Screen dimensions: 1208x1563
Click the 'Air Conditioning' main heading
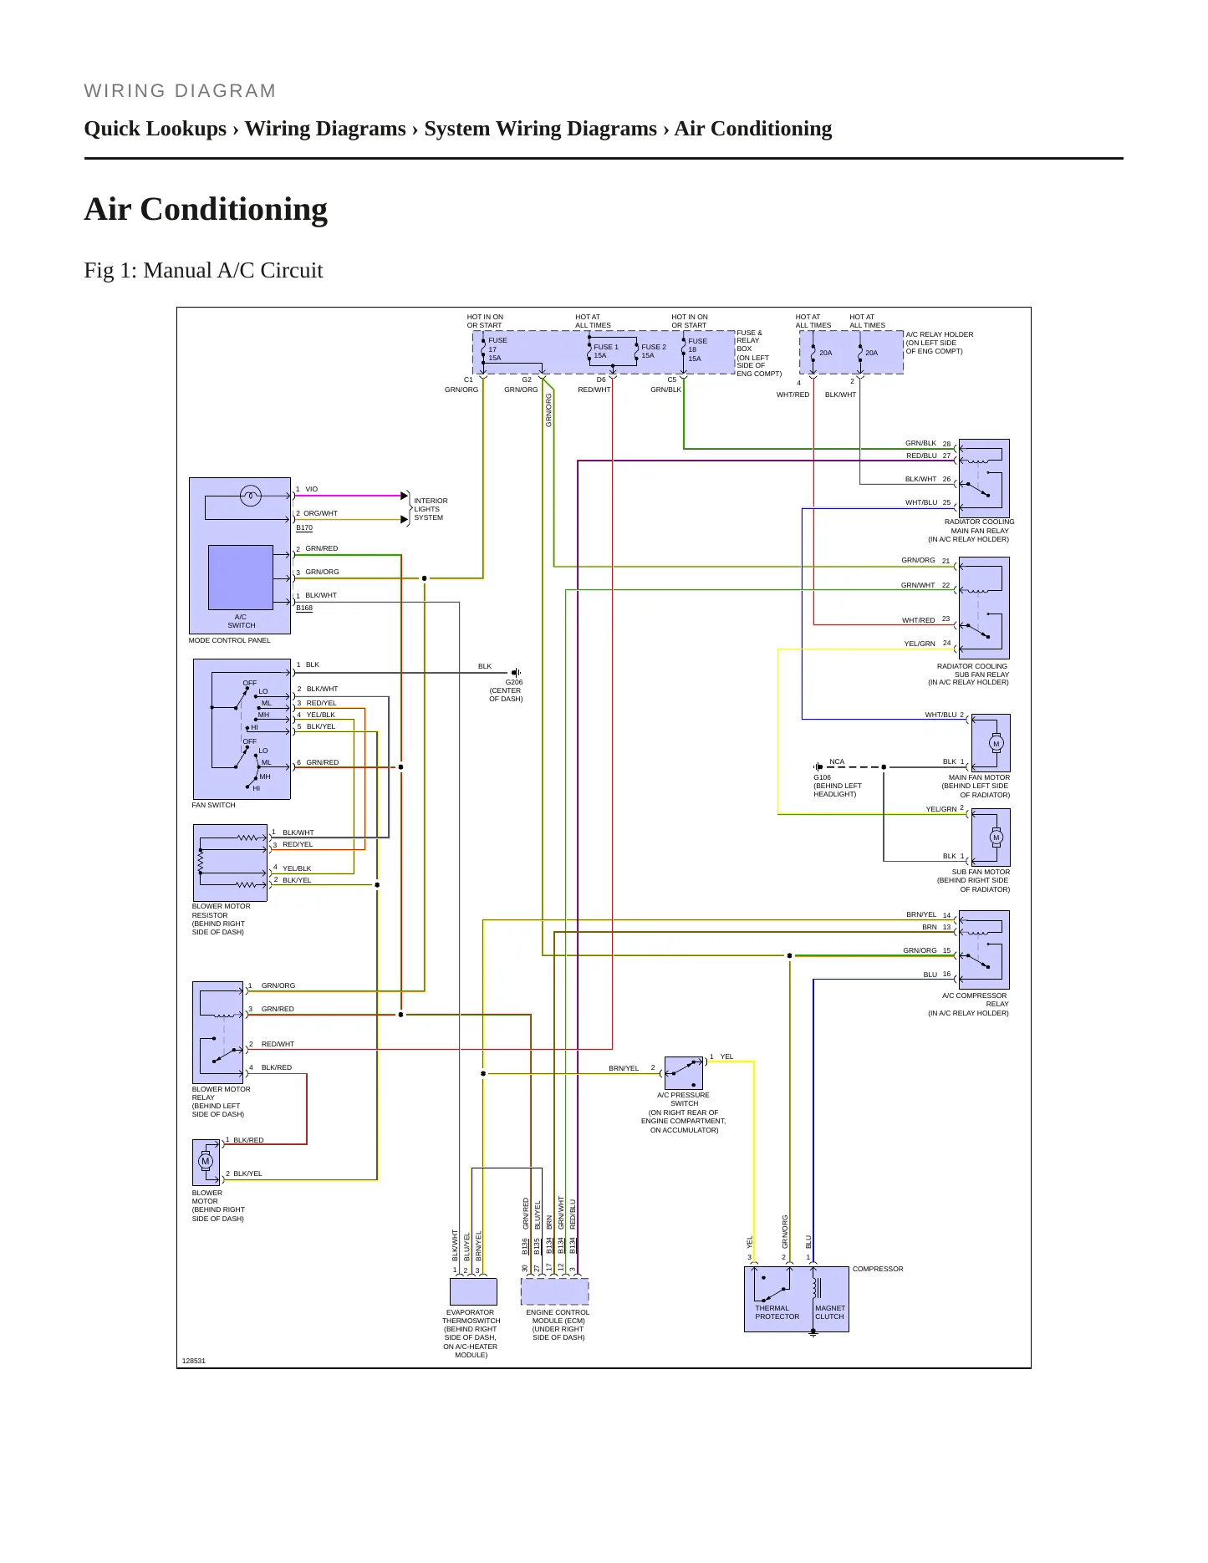tap(206, 209)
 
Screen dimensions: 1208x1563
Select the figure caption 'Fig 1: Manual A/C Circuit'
tap(203, 270)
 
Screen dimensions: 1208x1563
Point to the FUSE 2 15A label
tap(653, 351)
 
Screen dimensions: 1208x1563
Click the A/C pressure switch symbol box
tap(684, 1073)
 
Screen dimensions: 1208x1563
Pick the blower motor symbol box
tap(206, 1162)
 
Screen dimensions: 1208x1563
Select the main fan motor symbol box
tap(991, 743)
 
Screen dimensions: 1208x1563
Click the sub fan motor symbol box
tap(991, 838)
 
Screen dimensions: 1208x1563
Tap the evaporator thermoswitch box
tap(473, 1291)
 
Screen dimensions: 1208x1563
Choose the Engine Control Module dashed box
tap(555, 1291)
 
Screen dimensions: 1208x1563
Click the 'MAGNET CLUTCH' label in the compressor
tap(830, 1312)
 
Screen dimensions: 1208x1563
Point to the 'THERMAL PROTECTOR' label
tap(777, 1312)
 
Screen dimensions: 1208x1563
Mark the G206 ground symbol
tap(516, 672)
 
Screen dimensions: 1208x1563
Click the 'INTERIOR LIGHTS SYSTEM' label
tap(431, 509)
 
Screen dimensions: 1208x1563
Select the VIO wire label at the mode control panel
tap(312, 489)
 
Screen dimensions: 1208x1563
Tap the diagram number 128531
tap(194, 1361)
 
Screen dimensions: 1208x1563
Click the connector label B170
tap(304, 527)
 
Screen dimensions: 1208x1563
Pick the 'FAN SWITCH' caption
tap(214, 805)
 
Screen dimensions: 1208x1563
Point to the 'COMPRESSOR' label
tap(878, 1269)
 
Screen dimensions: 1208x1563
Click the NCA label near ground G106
tap(837, 761)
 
